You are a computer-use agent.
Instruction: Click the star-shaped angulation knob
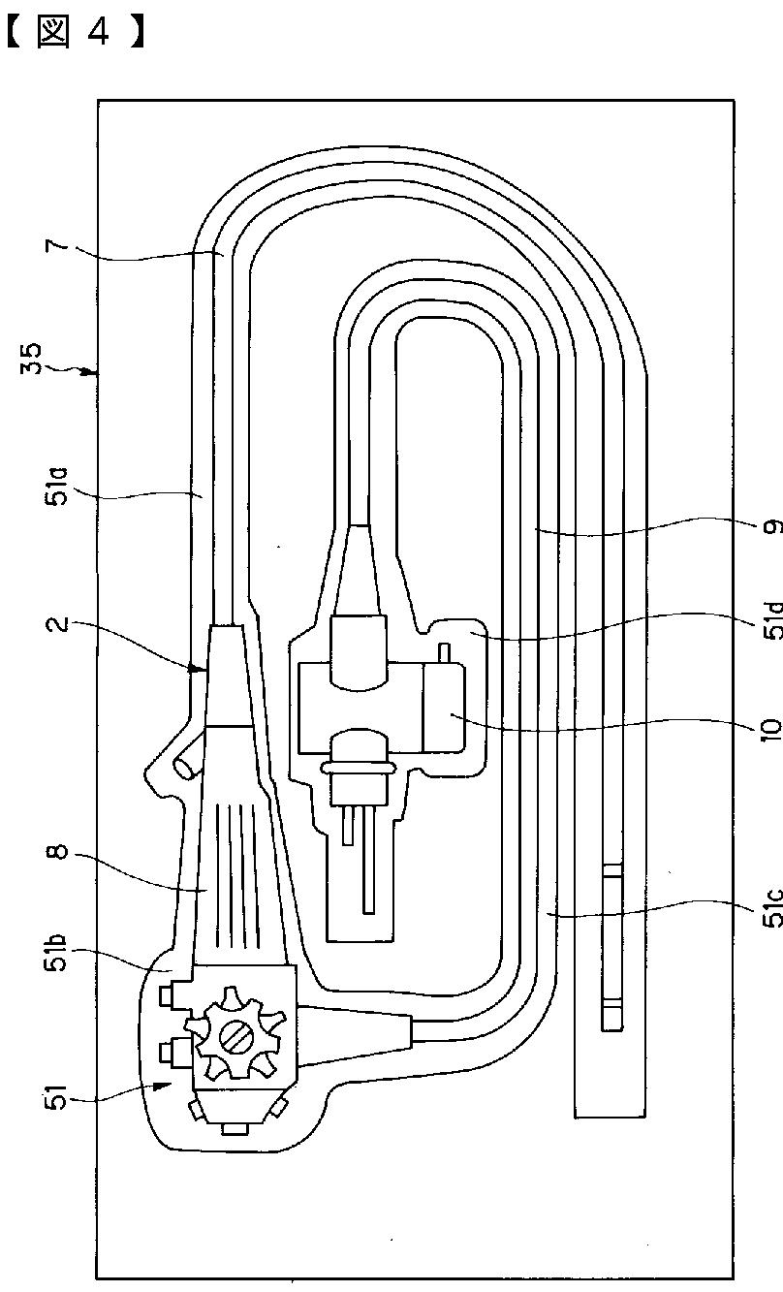[235, 1035]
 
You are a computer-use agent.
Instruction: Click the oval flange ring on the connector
[358, 766]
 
